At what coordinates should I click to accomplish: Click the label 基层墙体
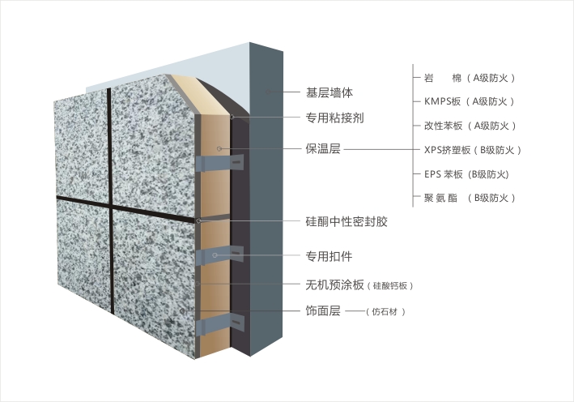[x=329, y=92]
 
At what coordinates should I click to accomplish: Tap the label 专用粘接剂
[x=334, y=118]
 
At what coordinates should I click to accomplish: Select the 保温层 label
[x=323, y=149]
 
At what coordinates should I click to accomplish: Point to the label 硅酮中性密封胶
[x=347, y=222]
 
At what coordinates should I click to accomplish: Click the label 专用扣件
[x=329, y=256]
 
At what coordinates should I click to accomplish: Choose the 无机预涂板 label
[x=334, y=284]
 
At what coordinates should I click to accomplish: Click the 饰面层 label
[x=323, y=310]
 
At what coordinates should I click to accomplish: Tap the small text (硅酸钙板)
[x=390, y=286]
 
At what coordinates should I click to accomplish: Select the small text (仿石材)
[x=385, y=312]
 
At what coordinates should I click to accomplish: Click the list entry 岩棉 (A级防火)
[x=470, y=78]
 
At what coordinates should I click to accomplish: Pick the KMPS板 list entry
[x=470, y=101]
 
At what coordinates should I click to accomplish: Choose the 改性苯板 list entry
[x=470, y=126]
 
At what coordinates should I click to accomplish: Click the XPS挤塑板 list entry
[x=473, y=150]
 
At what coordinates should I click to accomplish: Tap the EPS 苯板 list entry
[x=467, y=174]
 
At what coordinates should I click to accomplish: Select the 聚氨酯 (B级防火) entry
[x=470, y=198]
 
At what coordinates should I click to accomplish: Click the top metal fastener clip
[x=219, y=163]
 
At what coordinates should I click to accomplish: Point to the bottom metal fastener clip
[x=219, y=323]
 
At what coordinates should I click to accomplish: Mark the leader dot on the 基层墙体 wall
[x=268, y=92]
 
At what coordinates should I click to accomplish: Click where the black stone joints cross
[x=111, y=206]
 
